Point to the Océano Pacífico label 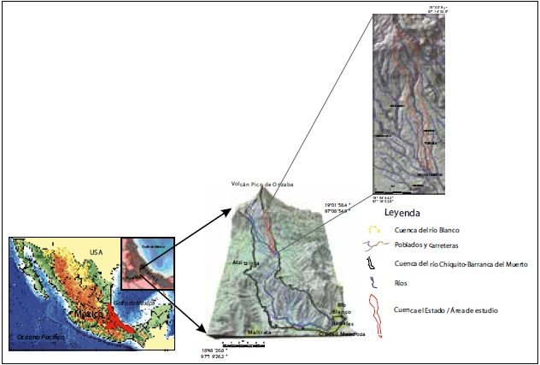click(x=41, y=340)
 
